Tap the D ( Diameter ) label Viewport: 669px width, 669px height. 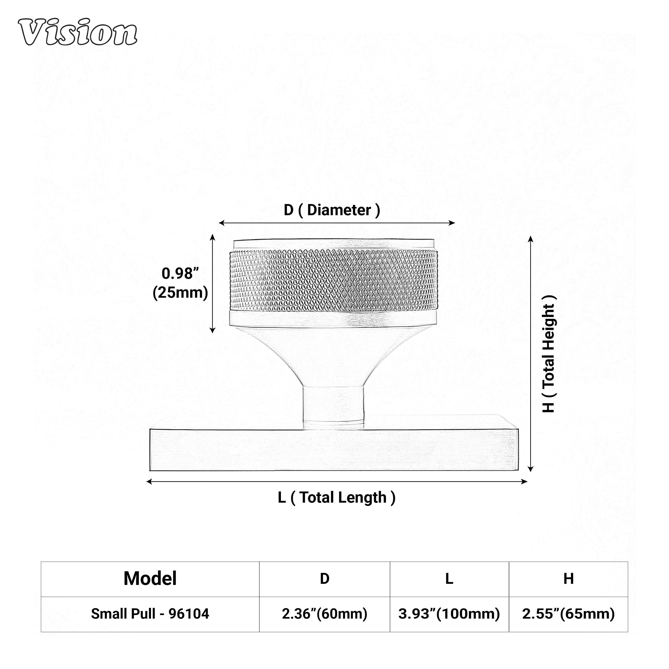[x=332, y=210]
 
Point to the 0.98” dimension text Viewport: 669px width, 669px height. [x=180, y=274]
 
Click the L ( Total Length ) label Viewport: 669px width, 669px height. [x=336, y=498]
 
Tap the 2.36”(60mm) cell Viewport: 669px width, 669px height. [x=324, y=614]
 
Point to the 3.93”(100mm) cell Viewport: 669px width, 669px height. [x=449, y=614]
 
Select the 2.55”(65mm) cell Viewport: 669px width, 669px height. [x=568, y=614]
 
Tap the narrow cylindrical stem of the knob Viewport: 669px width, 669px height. [x=333, y=403]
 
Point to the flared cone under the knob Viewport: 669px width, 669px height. [x=333, y=357]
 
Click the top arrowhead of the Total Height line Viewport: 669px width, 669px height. [x=531, y=239]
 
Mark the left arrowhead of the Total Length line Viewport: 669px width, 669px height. [x=149, y=482]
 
